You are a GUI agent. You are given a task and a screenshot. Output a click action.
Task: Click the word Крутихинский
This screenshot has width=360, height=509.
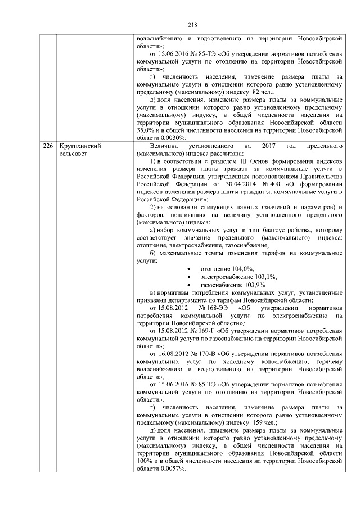point(75,146)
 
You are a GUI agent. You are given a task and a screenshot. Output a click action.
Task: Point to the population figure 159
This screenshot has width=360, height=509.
point(259,422)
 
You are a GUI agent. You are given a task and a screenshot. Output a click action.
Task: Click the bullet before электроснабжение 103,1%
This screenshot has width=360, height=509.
point(188,277)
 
